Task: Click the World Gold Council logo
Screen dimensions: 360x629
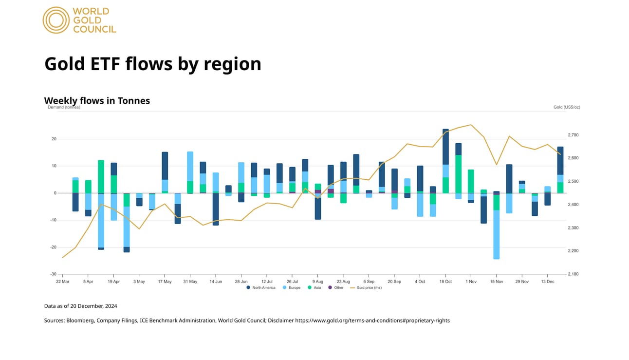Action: [79, 20]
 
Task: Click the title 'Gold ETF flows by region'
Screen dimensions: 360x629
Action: [152, 64]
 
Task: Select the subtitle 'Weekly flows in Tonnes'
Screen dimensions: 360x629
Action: [97, 101]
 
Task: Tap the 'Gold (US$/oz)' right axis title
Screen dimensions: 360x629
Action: [567, 107]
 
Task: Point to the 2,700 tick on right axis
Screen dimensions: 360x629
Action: [573, 135]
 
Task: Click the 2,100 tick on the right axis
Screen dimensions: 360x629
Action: [573, 274]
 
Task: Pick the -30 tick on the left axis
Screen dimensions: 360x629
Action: [53, 274]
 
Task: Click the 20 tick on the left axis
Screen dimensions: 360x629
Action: [54, 139]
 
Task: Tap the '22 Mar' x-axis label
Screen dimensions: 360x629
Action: [62, 282]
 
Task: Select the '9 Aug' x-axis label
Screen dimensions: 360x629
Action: [317, 282]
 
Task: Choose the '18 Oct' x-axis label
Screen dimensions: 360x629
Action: [445, 282]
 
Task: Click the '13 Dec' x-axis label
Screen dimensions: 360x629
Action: [547, 282]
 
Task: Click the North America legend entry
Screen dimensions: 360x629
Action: [261, 288]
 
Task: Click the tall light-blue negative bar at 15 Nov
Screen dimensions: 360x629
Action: [496, 234]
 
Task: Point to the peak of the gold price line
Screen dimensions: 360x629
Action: [471, 125]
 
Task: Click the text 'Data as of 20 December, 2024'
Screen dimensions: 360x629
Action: [80, 306]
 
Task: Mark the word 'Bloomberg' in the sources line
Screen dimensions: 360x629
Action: [80, 321]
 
